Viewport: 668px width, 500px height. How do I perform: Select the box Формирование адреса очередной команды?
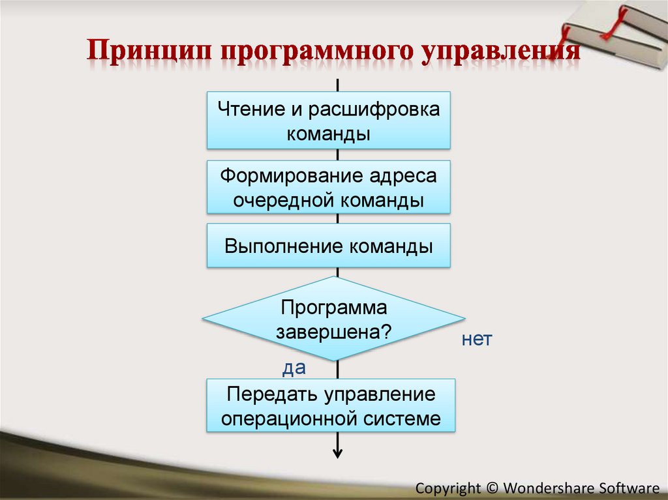tap(329, 188)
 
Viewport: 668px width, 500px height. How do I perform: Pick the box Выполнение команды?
tap(329, 246)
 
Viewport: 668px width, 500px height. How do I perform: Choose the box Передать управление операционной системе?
tap(330, 406)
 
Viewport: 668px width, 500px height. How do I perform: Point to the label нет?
tap(476, 340)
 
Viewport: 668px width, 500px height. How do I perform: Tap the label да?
tap(294, 368)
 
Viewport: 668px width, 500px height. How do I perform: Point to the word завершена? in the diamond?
tap(333, 331)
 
